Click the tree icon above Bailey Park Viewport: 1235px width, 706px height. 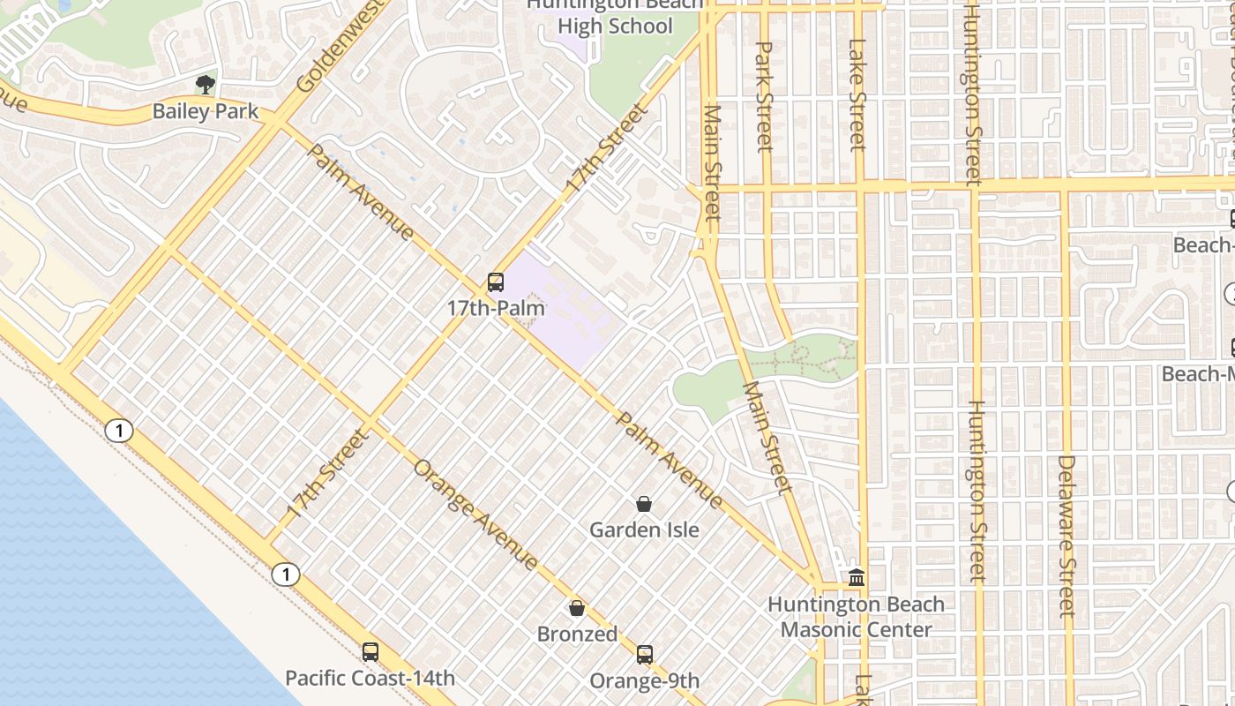206,85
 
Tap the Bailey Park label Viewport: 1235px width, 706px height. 206,111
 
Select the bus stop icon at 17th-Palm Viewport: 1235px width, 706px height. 496,282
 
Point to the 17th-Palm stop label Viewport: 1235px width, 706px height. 496,309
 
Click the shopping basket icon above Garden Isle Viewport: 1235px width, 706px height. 644,504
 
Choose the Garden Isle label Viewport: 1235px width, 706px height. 644,530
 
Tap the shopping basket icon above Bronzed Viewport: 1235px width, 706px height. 577,608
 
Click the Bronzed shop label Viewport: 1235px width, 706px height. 577,635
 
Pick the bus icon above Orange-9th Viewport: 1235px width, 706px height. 645,655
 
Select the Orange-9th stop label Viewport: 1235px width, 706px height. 645,681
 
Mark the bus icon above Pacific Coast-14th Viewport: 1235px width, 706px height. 370,652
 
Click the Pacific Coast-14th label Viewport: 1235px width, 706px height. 370,679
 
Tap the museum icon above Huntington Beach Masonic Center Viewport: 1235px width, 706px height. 856,578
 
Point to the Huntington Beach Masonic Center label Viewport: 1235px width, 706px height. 856,617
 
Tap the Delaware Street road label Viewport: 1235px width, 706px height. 1067,535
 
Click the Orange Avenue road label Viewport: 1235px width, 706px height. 475,514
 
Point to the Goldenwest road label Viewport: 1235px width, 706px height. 341,46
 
